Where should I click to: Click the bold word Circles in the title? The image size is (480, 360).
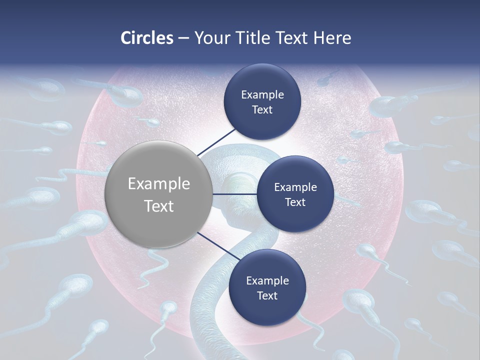point(147,38)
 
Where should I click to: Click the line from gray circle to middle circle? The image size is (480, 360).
point(234,194)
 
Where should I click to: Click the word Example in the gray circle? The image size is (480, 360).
point(158,184)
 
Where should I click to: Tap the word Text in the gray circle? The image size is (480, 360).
point(158,206)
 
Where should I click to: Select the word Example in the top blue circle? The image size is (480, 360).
point(262,95)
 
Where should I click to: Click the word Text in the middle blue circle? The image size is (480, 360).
point(295,202)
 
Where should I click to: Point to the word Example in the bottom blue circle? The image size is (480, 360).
point(267,281)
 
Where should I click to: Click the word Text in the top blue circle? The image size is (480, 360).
point(262,110)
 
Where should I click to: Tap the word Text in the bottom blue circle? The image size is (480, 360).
point(267,296)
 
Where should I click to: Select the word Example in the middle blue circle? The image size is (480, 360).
point(295,187)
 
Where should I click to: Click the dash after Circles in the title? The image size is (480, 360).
point(183,38)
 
